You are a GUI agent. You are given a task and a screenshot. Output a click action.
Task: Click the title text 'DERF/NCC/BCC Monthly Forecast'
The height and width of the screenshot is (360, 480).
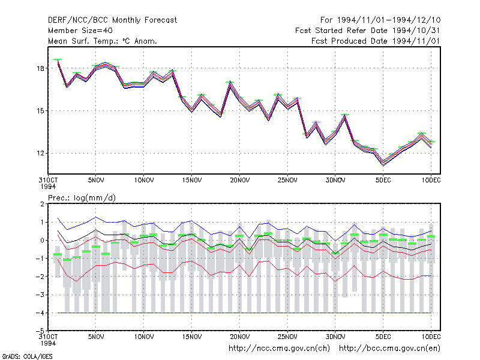coord(112,20)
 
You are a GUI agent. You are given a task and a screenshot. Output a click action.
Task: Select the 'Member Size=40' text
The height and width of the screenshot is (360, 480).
coord(80,31)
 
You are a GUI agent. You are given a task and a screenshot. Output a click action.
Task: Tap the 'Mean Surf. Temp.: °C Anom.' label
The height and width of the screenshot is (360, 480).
coord(103,41)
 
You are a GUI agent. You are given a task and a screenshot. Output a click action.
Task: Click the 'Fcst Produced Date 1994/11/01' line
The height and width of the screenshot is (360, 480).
coord(376,41)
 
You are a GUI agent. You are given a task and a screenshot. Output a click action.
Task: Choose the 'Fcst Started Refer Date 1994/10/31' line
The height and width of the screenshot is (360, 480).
coord(368,31)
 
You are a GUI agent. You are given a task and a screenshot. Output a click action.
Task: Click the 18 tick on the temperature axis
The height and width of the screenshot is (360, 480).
coord(40,68)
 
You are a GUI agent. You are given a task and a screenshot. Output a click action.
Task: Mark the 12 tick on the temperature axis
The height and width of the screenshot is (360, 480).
coord(40,153)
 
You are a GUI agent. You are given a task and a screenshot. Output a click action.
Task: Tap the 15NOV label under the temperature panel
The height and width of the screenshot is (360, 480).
coord(192,181)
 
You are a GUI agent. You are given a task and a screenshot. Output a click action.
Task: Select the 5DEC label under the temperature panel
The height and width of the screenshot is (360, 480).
coord(383,181)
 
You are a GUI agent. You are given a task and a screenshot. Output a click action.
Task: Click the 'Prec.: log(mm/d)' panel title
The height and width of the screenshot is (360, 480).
coord(82,198)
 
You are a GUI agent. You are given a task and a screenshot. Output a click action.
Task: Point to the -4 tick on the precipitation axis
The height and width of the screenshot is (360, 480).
coord(40,313)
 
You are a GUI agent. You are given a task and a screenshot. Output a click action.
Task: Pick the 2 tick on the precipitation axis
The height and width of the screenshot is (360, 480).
coord(42,204)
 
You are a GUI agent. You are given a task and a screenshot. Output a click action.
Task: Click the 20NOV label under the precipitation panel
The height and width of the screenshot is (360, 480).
coord(239,337)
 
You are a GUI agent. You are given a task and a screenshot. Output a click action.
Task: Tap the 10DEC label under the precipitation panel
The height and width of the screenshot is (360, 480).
coord(431,337)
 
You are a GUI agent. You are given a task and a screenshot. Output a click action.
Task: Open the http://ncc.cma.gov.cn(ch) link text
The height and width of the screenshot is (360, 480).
coord(279,349)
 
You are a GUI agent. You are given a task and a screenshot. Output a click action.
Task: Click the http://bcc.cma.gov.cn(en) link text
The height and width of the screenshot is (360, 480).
coord(389,349)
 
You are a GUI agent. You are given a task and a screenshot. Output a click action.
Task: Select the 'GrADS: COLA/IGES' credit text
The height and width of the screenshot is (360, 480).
coord(27,356)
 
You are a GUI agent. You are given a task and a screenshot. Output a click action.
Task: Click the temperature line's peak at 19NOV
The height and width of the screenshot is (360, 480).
coord(230,83)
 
